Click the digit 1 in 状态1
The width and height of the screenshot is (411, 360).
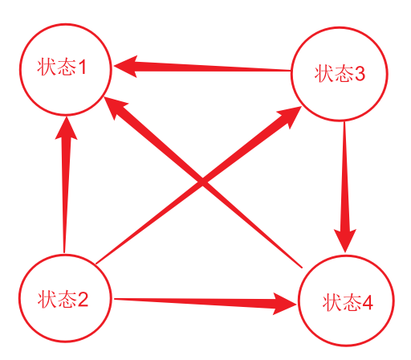click(82, 67)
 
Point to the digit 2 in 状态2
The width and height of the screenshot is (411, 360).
click(83, 299)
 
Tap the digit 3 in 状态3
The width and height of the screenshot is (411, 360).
click(359, 74)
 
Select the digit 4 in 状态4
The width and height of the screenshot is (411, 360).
click(367, 303)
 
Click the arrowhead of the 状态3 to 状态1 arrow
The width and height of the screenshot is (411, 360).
click(125, 67)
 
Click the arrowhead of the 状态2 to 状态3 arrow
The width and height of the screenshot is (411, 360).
click(288, 117)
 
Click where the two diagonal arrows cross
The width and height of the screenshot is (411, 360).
click(202, 182)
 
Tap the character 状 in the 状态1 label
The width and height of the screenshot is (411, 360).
click(47, 67)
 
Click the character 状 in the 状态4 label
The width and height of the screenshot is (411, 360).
click(332, 303)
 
